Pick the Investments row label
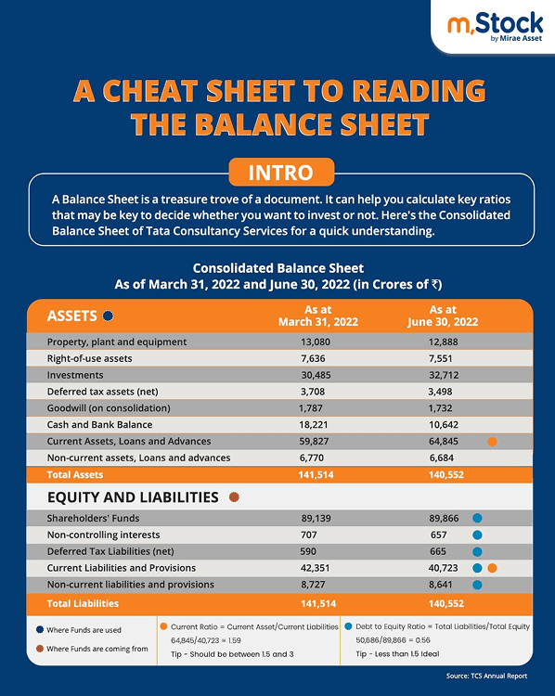pos(81,374)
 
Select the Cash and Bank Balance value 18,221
pos(316,424)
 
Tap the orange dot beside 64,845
pos(492,442)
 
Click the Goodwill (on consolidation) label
pos(109,407)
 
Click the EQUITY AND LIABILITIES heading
pos(133,496)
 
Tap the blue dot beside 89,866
pos(477,518)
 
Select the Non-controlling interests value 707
pos(308,535)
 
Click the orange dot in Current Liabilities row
pos(493,568)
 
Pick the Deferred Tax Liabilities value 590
pos(308,551)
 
